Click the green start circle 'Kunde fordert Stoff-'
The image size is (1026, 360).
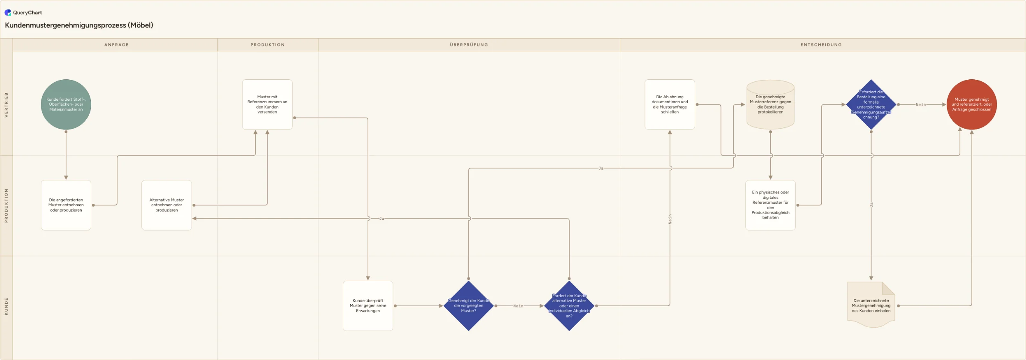click(66, 104)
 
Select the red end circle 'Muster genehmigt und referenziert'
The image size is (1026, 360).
click(971, 104)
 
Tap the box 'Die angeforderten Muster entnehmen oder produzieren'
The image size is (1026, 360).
click(66, 205)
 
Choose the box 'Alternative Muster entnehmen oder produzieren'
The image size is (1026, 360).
click(166, 205)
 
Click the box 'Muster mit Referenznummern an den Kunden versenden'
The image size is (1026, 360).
click(267, 104)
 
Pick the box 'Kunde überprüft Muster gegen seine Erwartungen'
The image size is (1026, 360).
click(368, 306)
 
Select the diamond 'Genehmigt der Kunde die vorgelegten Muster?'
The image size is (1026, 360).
click(469, 306)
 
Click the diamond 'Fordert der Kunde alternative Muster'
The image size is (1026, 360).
click(569, 306)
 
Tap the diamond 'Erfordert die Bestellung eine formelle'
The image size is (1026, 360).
click(871, 104)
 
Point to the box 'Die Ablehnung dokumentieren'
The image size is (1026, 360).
click(670, 104)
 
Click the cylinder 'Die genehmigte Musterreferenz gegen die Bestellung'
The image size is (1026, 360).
click(770, 104)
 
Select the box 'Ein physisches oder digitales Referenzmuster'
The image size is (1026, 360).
click(770, 205)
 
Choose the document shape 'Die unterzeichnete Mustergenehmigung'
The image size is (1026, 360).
click(871, 305)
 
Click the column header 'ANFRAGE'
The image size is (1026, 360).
click(116, 45)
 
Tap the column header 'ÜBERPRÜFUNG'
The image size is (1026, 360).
click(469, 45)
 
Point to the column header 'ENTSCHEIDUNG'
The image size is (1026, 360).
click(821, 45)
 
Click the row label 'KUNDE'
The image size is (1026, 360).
click(6, 307)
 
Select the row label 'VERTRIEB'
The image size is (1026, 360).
click(6, 105)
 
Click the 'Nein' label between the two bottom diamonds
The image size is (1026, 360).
click(518, 306)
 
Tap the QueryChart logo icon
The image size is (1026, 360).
click(8, 12)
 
